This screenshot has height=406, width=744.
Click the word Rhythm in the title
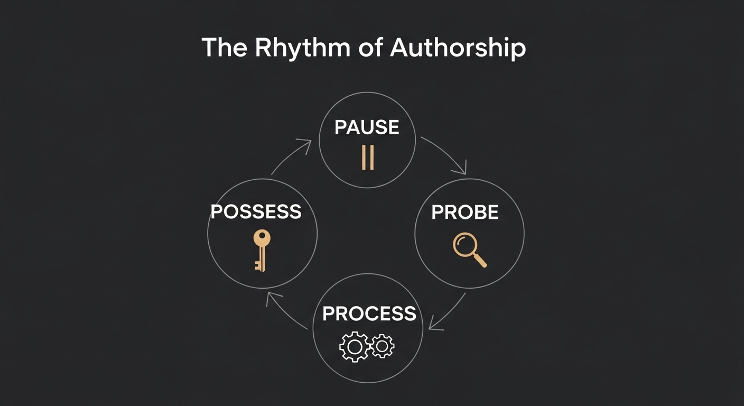pyautogui.click(x=302, y=48)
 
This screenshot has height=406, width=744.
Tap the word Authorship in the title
pyautogui.click(x=458, y=48)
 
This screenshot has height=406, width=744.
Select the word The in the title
pyautogui.click(x=225, y=48)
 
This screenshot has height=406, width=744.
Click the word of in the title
pyautogui.click(x=370, y=48)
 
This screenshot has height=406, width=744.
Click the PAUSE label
pyautogui.click(x=367, y=127)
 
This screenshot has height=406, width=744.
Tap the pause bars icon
pyautogui.click(x=368, y=158)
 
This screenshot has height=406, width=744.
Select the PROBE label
pyautogui.click(x=465, y=213)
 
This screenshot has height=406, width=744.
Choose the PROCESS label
pyautogui.click(x=369, y=313)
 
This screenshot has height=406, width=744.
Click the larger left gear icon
pyautogui.click(x=353, y=347)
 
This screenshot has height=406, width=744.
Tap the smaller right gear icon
pyautogui.click(x=382, y=346)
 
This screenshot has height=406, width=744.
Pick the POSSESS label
pyautogui.click(x=256, y=212)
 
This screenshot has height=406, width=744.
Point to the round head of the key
pyautogui.click(x=262, y=238)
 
